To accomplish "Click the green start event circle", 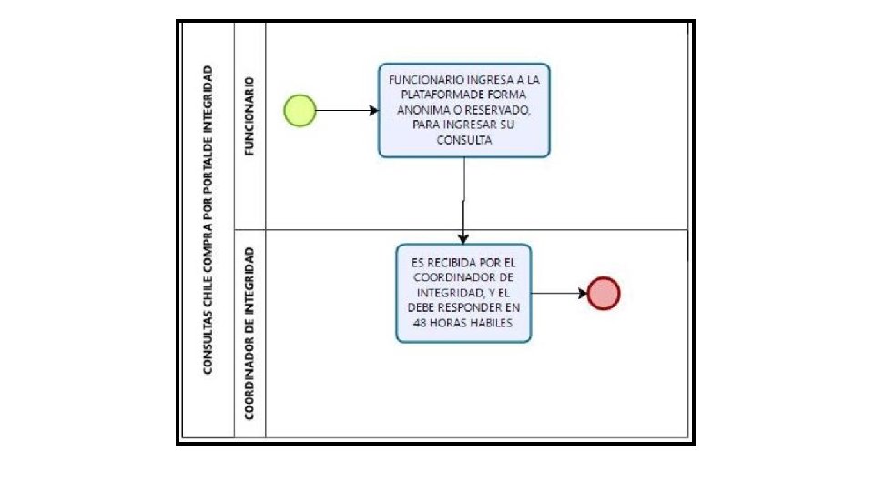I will (300, 110).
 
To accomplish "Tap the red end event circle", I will (604, 293).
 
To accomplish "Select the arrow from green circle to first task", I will (347, 110).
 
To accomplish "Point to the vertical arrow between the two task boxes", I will (464, 200).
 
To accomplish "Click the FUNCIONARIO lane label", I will (249, 119).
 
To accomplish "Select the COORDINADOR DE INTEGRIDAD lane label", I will (249, 332).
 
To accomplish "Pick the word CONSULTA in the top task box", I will (464, 141).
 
